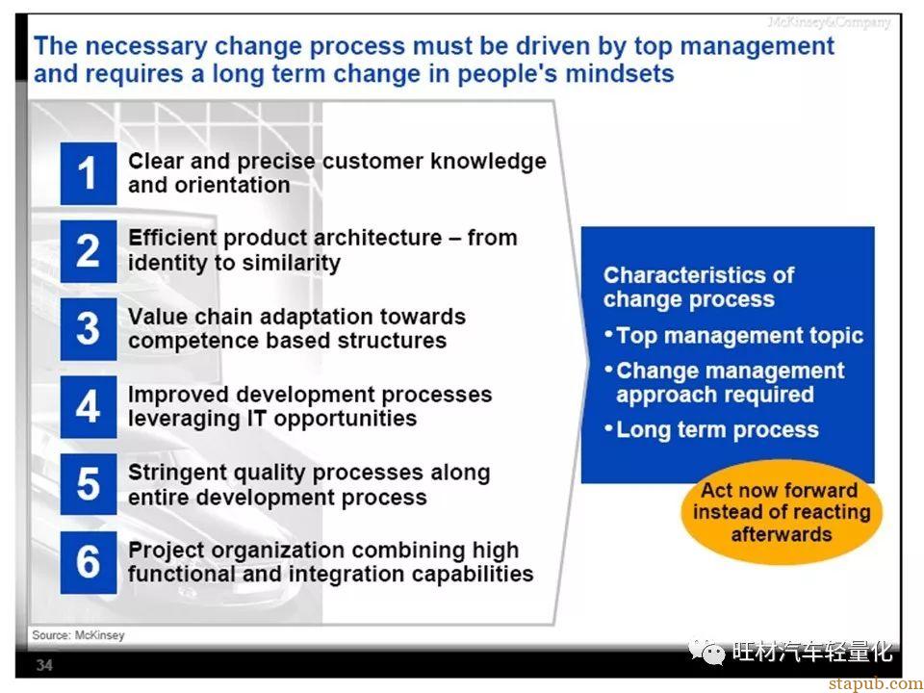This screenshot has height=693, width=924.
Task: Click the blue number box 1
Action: click(x=89, y=173)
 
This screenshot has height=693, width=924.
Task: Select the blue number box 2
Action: click(x=89, y=251)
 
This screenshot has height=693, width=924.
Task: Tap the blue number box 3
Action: click(x=89, y=329)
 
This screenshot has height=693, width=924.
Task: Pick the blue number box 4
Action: click(x=89, y=406)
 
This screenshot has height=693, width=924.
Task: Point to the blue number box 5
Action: click(x=89, y=484)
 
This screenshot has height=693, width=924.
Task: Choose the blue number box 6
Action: click(x=89, y=562)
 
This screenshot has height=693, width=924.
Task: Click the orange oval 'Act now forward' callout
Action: click(x=782, y=512)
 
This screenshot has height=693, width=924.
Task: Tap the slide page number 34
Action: click(x=44, y=665)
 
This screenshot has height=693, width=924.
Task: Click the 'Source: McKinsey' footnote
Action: click(x=78, y=635)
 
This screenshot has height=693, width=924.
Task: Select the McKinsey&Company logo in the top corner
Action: click(x=829, y=22)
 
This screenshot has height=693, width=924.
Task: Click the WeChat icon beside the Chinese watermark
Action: click(x=707, y=652)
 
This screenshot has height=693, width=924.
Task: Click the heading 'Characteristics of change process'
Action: click(x=699, y=287)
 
